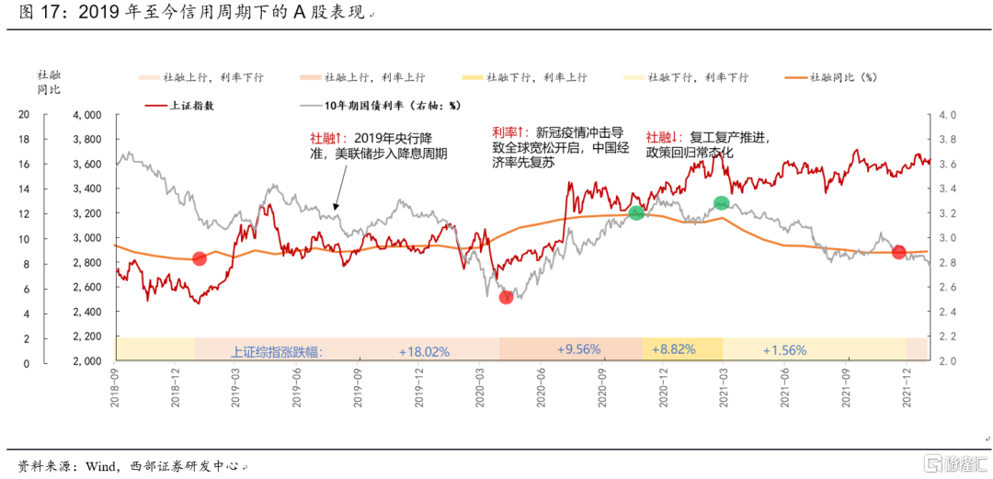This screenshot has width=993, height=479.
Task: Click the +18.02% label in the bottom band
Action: (x=424, y=351)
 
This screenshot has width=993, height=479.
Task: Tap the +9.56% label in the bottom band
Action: (x=578, y=349)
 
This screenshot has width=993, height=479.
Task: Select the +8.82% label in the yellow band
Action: (x=673, y=349)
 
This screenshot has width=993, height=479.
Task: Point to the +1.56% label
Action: (x=783, y=350)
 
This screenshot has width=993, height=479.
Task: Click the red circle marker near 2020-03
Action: (x=506, y=297)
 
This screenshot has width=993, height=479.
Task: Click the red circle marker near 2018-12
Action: (x=199, y=258)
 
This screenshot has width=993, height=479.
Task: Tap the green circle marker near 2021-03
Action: (x=722, y=203)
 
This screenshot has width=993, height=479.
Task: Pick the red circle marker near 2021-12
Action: (x=898, y=252)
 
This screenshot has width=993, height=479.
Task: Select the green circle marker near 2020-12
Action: (x=636, y=213)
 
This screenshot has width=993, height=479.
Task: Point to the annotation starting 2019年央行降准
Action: (x=379, y=145)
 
